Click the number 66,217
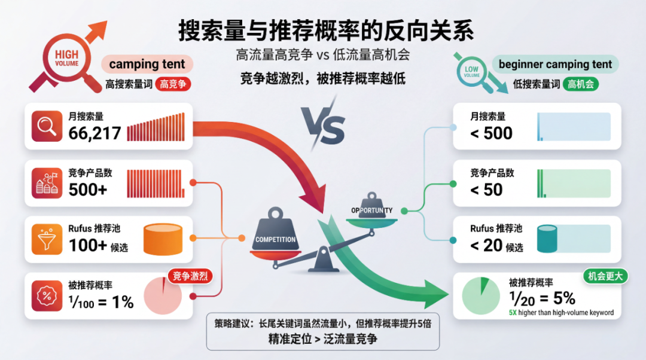(95, 133)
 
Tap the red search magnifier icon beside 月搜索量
(47, 126)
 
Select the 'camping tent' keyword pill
(147, 64)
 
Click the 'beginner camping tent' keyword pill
(555, 64)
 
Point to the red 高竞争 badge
(173, 84)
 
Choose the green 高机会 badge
(580, 84)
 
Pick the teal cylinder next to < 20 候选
(547, 239)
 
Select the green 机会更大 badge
(604, 277)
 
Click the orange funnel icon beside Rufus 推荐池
(47, 239)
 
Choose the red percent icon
(47, 295)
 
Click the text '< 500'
(491, 133)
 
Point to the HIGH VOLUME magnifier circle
(66, 59)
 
